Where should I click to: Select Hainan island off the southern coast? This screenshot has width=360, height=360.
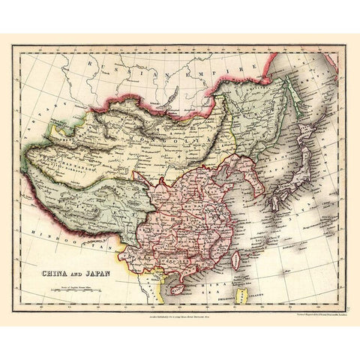pyautogui.click(x=178, y=286)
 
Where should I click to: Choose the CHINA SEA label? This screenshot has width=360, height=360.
pyautogui.click(x=210, y=285)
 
